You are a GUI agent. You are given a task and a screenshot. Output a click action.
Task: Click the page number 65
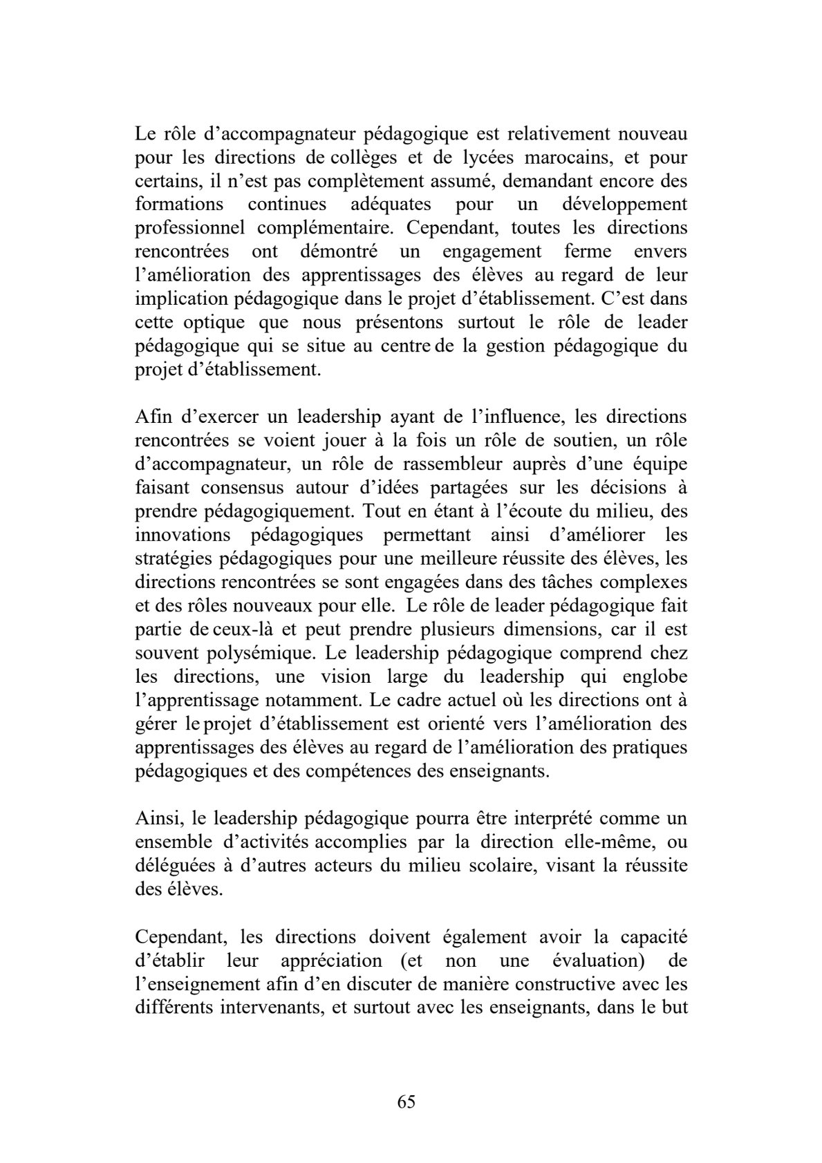point(407,1101)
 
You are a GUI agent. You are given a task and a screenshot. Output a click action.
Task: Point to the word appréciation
point(331,961)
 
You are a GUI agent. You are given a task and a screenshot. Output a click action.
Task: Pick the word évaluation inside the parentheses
point(591,961)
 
